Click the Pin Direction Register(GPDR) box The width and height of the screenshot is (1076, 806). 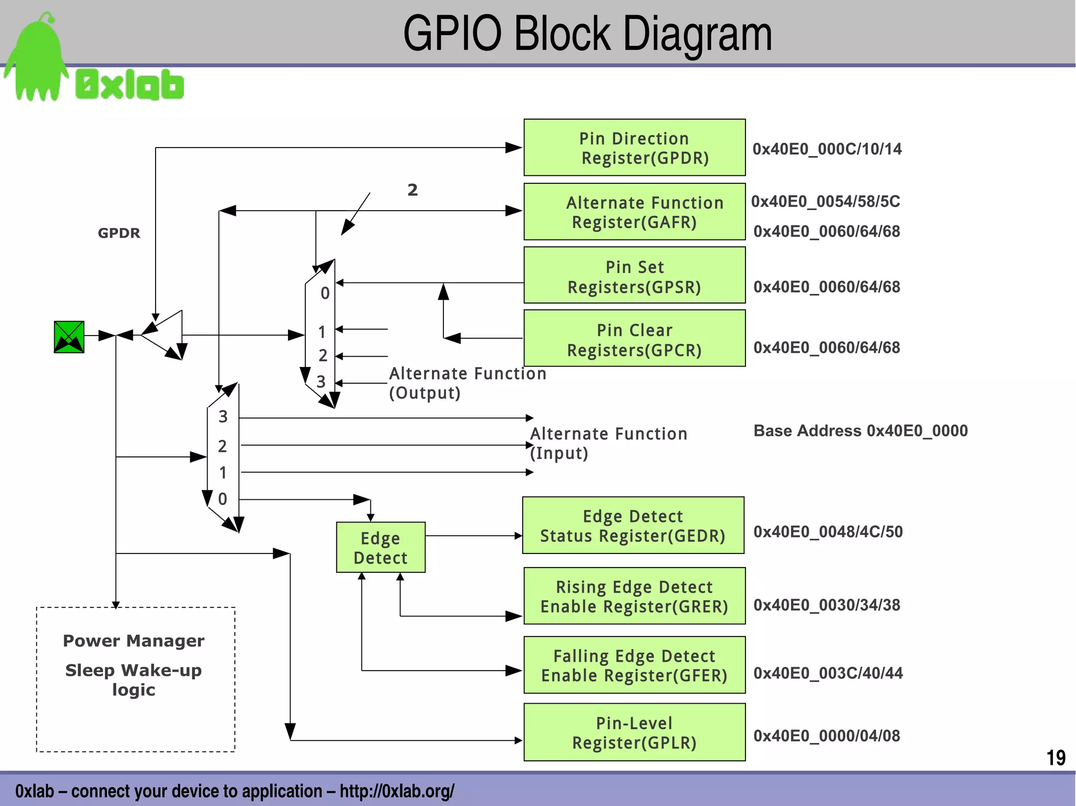tap(634, 148)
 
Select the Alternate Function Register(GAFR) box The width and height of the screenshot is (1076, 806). tap(634, 212)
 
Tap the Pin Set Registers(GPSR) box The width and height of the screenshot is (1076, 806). tap(634, 275)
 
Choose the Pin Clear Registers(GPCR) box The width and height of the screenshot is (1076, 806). tap(634, 338)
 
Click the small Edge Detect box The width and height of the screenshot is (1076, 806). tap(380, 547)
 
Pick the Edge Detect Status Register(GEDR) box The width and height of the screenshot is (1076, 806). tap(633, 525)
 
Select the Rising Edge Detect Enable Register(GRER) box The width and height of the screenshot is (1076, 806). tap(634, 596)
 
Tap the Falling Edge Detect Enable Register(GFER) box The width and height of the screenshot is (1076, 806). tap(634, 665)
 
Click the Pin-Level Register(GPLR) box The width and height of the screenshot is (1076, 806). tap(634, 732)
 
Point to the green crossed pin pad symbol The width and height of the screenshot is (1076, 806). tap(69, 337)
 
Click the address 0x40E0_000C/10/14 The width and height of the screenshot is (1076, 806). tap(827, 149)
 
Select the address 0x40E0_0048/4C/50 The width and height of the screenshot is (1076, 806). tap(828, 531)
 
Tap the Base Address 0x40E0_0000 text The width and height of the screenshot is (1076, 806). tap(860, 431)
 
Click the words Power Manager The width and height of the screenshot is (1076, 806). tap(133, 641)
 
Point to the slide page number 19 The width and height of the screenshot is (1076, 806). tap(1056, 758)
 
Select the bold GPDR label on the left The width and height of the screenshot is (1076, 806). tap(119, 233)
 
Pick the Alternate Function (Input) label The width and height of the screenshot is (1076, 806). tap(608, 443)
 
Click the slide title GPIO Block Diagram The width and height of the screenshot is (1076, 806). tap(587, 34)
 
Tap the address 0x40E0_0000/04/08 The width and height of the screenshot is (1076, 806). tap(826, 736)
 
